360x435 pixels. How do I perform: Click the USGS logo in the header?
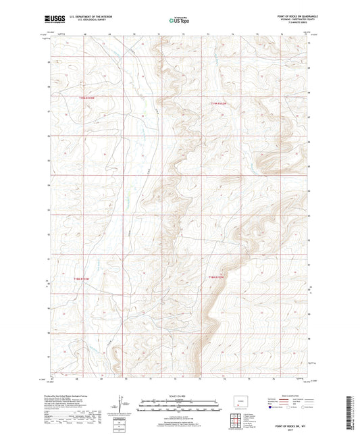(51, 20)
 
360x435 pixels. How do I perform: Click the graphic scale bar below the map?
(180, 406)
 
